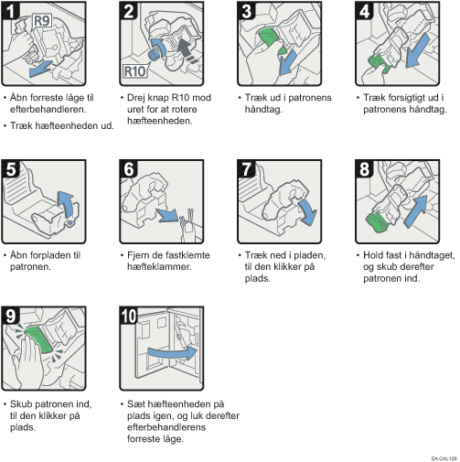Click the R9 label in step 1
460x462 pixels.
coord(42,21)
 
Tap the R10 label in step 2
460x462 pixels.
coord(134,71)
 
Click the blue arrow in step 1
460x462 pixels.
coord(41,69)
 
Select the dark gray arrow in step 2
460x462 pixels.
coord(187,50)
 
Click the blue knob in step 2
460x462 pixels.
coord(153,55)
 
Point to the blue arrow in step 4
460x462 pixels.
coord(417,51)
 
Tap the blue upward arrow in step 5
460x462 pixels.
coord(66,204)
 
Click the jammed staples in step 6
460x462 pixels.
coord(187,220)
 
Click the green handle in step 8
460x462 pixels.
coord(378,222)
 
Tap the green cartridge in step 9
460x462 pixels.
coord(39,339)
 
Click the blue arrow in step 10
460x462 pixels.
coord(173,353)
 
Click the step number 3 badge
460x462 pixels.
coord(246,11)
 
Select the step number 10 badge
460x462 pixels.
coord(129,316)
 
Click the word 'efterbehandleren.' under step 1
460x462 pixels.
coord(48,109)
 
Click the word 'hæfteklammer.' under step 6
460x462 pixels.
coord(159,267)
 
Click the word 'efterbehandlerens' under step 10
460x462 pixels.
coord(166,427)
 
